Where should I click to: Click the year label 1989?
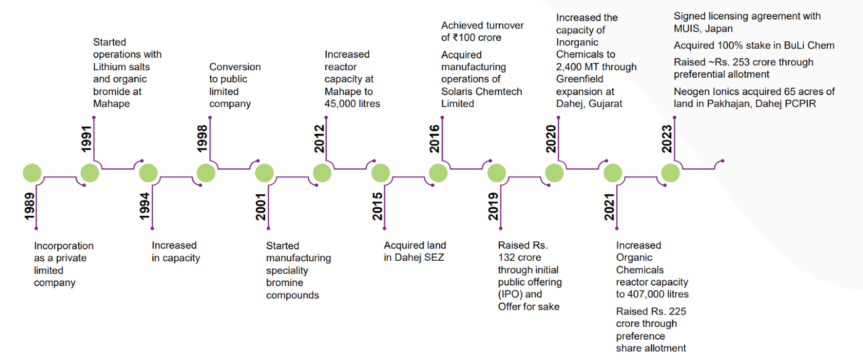28,207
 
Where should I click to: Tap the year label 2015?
377,207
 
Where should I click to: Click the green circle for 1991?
90,173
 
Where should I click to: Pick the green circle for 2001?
264,173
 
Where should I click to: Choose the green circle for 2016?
438,173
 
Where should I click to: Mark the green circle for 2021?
612,173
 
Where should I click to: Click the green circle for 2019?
496,173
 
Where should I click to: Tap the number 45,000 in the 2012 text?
342,104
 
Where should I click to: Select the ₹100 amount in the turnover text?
467,38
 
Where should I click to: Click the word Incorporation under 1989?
63,246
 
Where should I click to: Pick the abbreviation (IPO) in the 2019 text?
511,294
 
